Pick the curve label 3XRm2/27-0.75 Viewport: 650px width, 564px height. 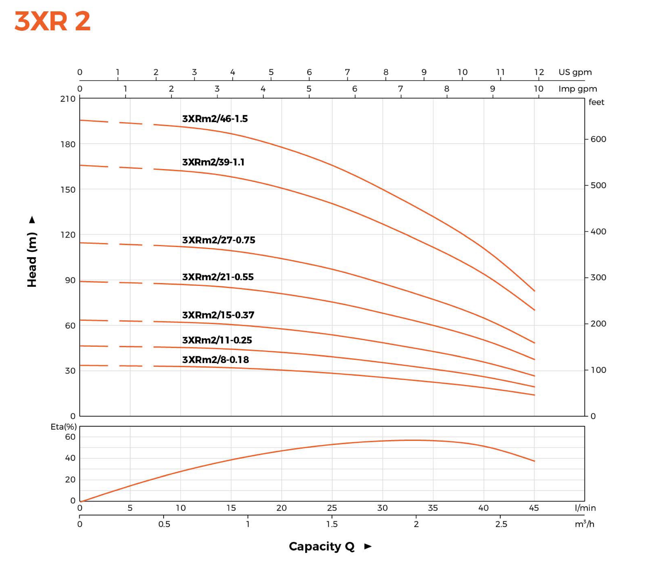coord(219,240)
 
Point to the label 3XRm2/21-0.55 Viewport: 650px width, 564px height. coord(218,277)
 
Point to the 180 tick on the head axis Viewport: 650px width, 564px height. coord(68,145)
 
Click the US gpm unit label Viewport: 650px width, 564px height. coord(575,72)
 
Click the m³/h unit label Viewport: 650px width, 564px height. coord(584,524)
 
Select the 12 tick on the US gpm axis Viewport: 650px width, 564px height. coord(539,72)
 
